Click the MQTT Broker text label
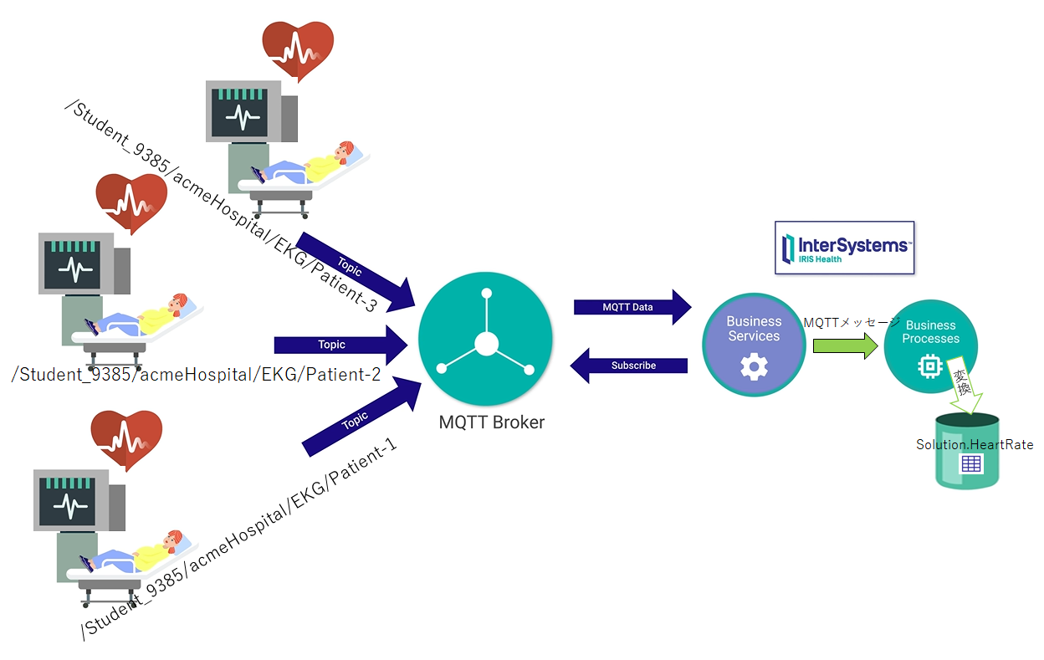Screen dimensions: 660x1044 pyautogui.click(x=491, y=422)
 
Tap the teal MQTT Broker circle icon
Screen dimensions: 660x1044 pyautogui.click(x=485, y=343)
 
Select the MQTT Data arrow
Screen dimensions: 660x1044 pyautogui.click(x=632, y=307)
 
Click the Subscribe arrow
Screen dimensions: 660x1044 pyautogui.click(x=629, y=366)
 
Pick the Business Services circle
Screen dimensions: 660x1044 pyautogui.click(x=753, y=343)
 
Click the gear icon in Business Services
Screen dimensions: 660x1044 pyautogui.click(x=754, y=366)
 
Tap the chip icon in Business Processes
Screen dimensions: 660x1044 pyautogui.click(x=929, y=366)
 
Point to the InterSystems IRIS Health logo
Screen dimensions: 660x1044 pyautogui.click(x=844, y=248)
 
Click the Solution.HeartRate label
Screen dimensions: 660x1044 pyautogui.click(x=975, y=445)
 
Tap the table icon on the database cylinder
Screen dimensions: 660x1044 pyautogui.click(x=970, y=464)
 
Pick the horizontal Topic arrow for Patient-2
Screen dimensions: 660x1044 pyautogui.click(x=339, y=345)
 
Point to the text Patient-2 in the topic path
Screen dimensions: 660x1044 pyautogui.click(x=344, y=375)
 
